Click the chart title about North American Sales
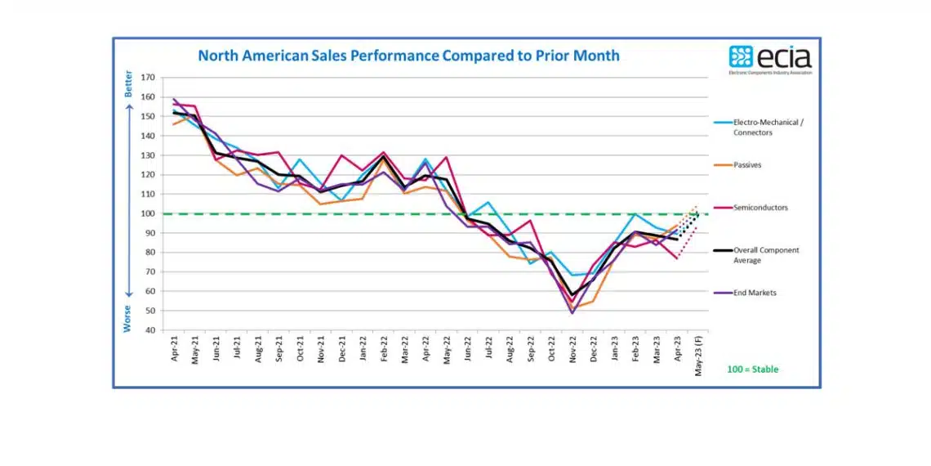pos(408,56)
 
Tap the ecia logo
pos(769,60)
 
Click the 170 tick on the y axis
pos(148,78)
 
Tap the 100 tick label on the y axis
pos(148,213)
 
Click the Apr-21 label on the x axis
pos(175,349)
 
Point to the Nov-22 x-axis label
pos(572,349)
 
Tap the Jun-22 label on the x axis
pos(468,349)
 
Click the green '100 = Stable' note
pos(752,370)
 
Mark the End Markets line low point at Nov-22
pos(572,313)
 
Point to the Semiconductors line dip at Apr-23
pos(677,258)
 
